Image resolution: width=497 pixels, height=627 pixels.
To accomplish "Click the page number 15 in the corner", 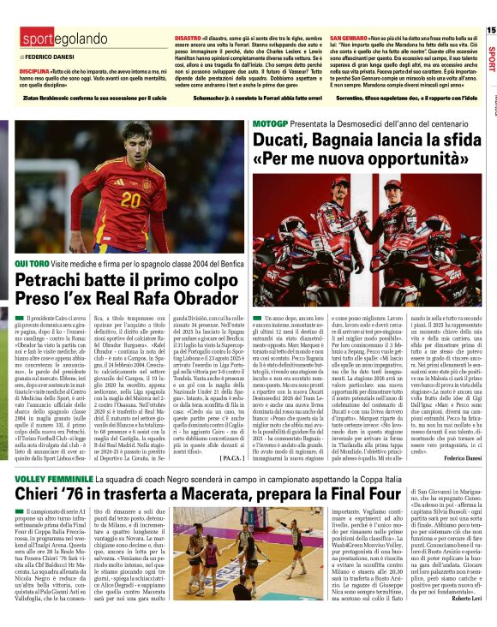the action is pos(490,29).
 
